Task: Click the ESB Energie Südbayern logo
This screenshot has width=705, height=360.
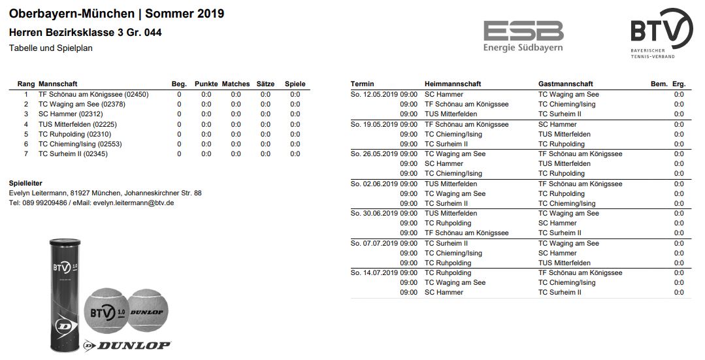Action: [523, 35]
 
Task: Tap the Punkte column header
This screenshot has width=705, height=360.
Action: [206, 84]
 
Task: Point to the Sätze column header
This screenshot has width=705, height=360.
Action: [265, 84]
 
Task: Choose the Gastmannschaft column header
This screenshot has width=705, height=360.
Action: [566, 84]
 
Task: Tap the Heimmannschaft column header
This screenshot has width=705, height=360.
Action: [453, 84]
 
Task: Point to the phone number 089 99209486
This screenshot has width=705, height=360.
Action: [45, 203]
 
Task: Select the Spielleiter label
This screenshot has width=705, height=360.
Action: [25, 184]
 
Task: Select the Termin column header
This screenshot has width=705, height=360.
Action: [363, 84]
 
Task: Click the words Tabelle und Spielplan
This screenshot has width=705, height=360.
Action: [51, 48]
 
